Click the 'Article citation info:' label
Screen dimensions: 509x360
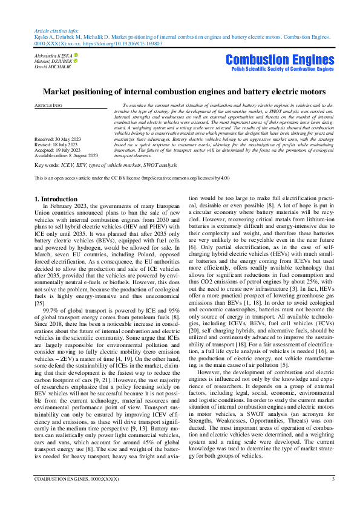point(56,30)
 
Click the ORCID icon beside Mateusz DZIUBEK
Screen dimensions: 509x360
point(76,61)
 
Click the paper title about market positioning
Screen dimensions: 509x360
point(180,91)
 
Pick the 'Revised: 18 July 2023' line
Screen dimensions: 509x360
point(58,144)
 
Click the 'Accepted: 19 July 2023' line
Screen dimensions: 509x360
point(59,149)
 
